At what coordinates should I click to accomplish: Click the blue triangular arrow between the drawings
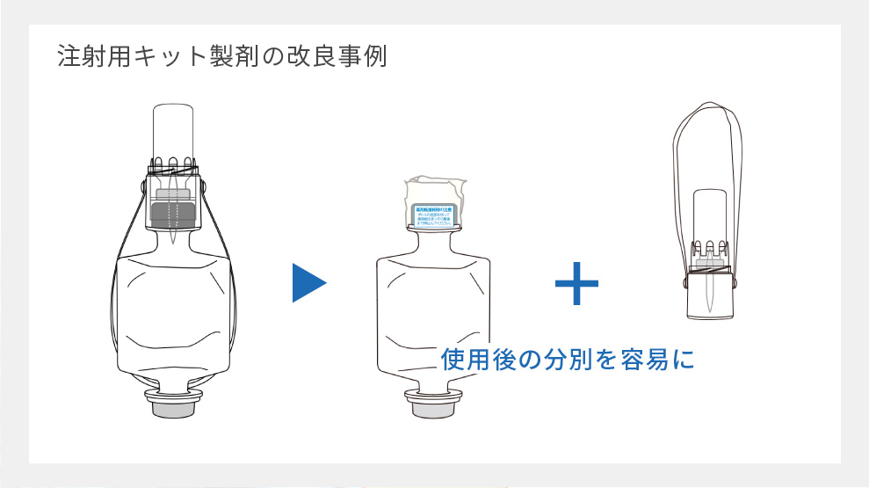(x=308, y=283)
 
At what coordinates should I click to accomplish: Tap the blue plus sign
(x=576, y=283)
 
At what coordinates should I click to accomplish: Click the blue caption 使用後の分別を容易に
(x=567, y=359)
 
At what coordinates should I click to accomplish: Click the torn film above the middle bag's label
(x=435, y=189)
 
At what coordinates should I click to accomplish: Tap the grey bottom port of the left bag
(x=173, y=406)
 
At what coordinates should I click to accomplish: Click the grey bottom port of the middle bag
(x=432, y=406)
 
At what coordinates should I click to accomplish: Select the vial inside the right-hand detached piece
(x=709, y=215)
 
